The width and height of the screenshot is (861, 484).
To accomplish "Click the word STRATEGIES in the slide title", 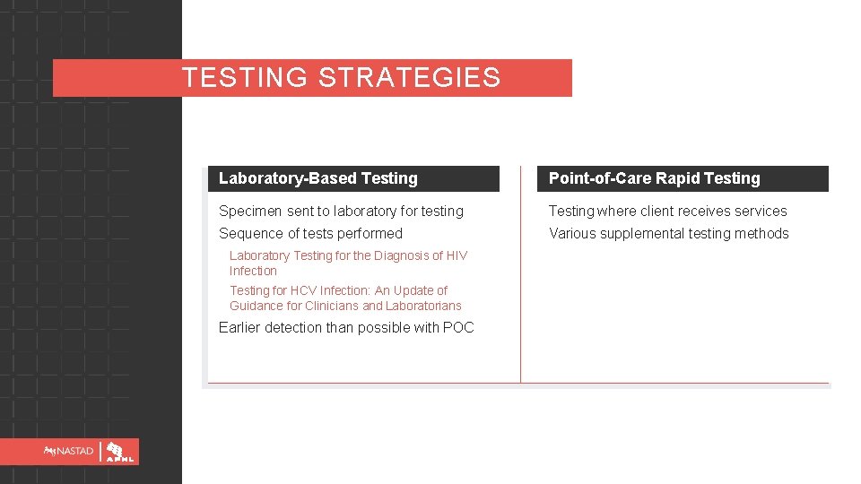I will click(409, 78).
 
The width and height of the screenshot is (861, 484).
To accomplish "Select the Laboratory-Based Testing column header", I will click(318, 178).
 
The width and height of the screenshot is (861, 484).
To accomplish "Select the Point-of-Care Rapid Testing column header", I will click(654, 178).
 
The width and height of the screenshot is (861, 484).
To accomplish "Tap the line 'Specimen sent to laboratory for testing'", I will click(341, 212).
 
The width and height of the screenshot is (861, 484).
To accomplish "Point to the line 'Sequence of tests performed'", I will click(310, 234).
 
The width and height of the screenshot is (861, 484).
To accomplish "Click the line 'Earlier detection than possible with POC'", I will click(346, 328).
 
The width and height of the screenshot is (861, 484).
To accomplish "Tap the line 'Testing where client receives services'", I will click(667, 212).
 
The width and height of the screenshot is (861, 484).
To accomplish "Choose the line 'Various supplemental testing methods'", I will click(668, 234).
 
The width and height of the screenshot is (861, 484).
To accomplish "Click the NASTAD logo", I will click(69, 452).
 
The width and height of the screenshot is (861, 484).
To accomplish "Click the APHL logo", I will click(119, 452).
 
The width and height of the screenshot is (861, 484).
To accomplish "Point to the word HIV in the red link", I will click(456, 255).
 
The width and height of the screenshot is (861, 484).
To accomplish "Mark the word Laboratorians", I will click(424, 306).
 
